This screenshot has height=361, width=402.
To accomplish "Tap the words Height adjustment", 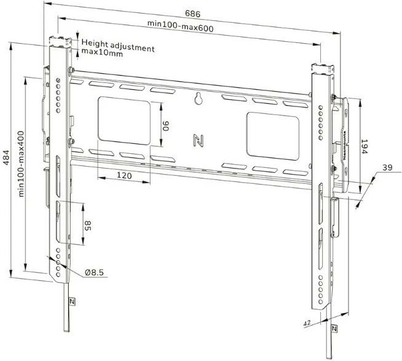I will click(x=117, y=44).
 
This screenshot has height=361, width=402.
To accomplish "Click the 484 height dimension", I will click(x=7, y=162).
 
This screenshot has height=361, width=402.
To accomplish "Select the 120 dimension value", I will click(x=125, y=175).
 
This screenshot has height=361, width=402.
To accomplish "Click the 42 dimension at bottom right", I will click(x=305, y=322).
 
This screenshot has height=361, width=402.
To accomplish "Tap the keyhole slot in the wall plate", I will click(x=199, y=98).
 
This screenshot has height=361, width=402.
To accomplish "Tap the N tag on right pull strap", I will click(x=334, y=329).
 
